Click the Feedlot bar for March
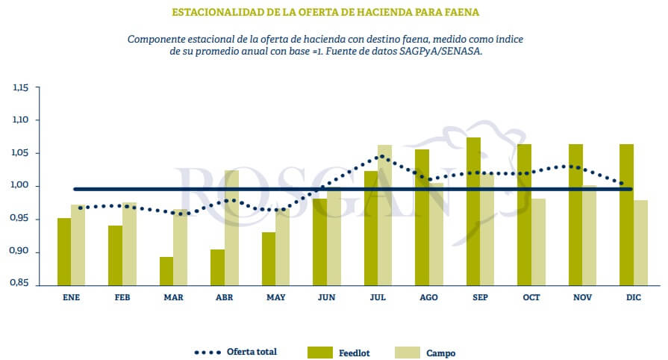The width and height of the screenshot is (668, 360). pyautogui.click(x=166, y=270)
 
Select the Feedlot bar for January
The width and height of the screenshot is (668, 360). pyautogui.click(x=64, y=251)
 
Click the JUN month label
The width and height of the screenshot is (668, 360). pyautogui.click(x=326, y=297)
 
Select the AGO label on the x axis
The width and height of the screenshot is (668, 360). pyautogui.click(x=428, y=297)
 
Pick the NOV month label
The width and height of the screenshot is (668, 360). pyautogui.click(x=582, y=297)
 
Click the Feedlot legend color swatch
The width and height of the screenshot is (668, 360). pyautogui.click(x=319, y=351)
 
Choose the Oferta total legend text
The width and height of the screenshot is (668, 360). pyautogui.click(x=252, y=350)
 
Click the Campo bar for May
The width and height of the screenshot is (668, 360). pyautogui.click(x=282, y=247)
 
